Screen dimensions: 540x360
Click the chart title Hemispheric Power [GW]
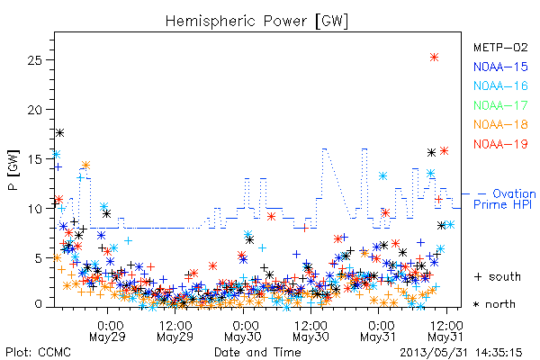tap(256, 21)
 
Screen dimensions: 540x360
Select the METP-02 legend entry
tap(500, 47)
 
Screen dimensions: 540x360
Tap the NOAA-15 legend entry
tap(500, 67)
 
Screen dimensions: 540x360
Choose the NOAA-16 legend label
tap(500, 85)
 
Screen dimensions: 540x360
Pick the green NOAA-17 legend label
tap(500, 105)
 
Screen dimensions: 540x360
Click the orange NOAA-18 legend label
tap(500, 124)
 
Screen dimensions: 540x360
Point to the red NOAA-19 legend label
tap(500, 144)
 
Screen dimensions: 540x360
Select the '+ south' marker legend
tap(498, 276)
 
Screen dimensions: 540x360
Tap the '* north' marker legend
tap(494, 304)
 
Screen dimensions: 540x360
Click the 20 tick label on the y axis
tap(34, 110)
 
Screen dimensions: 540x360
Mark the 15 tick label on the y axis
tap(34, 159)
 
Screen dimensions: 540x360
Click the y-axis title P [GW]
tap(13, 170)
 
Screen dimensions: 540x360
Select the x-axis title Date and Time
tap(257, 353)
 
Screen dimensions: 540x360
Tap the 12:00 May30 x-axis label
tap(311, 330)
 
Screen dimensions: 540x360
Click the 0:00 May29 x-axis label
tap(107, 330)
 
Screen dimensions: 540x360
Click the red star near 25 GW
tap(435, 58)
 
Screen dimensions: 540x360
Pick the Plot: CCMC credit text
tap(38, 353)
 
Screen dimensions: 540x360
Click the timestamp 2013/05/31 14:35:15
tap(461, 353)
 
